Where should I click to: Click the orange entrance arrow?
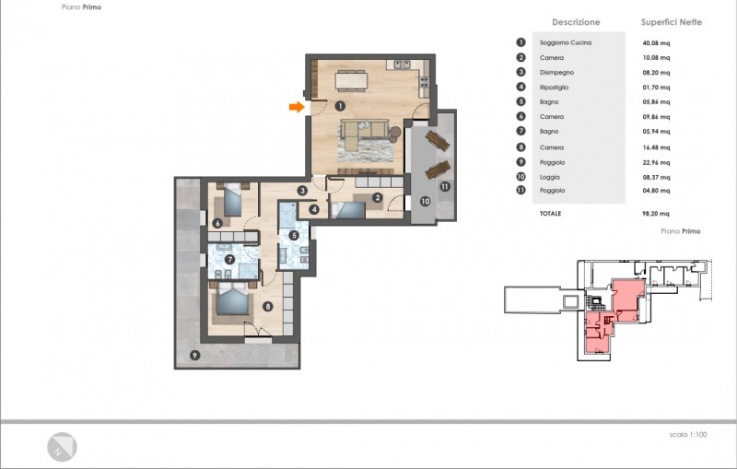[x=297, y=107]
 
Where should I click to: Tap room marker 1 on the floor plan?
[x=340, y=106]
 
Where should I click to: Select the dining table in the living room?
[x=351, y=80]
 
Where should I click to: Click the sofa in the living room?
[x=363, y=132]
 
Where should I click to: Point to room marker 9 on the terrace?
[x=194, y=356]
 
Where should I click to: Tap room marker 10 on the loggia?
[x=425, y=201]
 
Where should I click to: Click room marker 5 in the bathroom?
[x=294, y=235]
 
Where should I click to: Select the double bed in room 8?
[x=232, y=299]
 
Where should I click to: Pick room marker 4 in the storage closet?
[x=314, y=209]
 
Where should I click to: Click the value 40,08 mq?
[x=656, y=43]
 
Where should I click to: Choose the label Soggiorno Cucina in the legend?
[x=566, y=42]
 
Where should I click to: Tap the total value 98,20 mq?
[x=656, y=214]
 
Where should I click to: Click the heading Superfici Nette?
[x=672, y=22]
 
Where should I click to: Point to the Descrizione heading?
[x=576, y=22]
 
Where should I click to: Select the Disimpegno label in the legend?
[x=556, y=73]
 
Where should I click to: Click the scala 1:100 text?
[x=688, y=435]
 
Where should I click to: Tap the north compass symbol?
[x=62, y=447]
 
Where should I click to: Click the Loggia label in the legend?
[x=549, y=177]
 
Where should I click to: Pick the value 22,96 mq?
[x=656, y=162]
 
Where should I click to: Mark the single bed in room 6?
[x=232, y=200]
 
